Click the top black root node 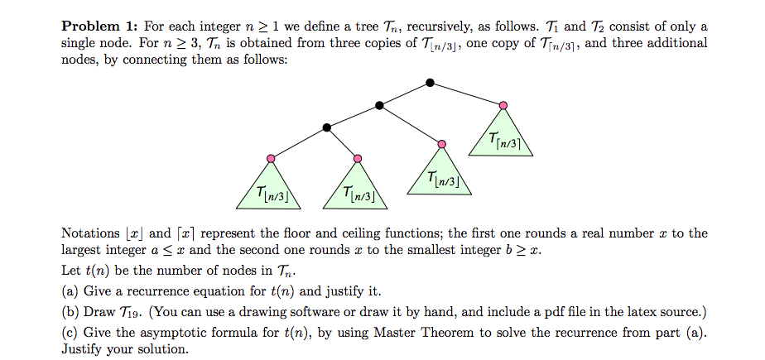point(429,83)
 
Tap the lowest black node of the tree point(327,127)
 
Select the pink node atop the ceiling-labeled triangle point(503,105)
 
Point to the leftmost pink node point(271,157)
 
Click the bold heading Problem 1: point(99,26)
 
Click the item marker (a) point(70,291)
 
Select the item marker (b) point(71,312)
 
